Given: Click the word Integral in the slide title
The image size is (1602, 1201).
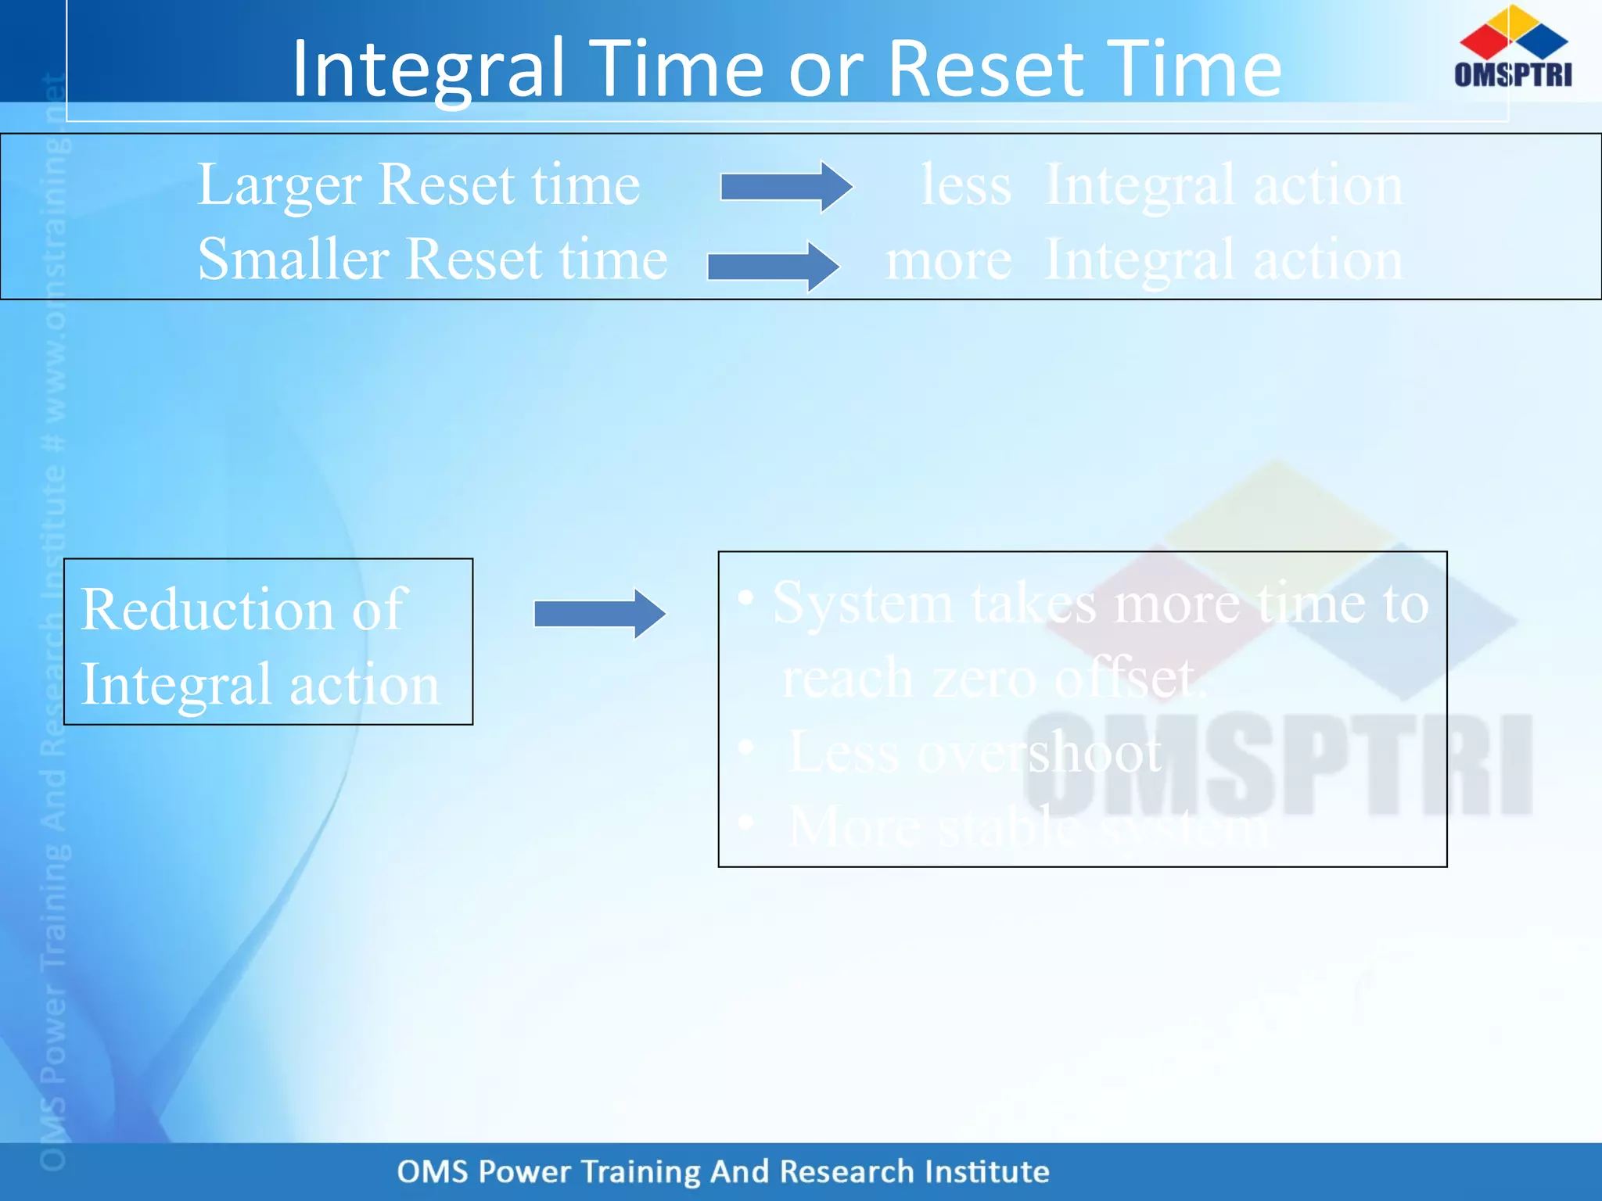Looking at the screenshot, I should pyautogui.click(x=429, y=70).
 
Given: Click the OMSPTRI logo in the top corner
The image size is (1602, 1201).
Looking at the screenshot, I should pyautogui.click(x=1513, y=47).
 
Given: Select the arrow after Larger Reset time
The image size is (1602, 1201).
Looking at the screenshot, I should pyautogui.click(x=785, y=187).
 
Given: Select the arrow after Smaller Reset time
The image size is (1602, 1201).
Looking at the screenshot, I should pyautogui.click(x=772, y=267).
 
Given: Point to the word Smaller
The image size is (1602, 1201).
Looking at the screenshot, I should pyautogui.click(x=293, y=260).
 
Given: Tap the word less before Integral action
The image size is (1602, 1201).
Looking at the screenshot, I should pyautogui.click(x=965, y=187).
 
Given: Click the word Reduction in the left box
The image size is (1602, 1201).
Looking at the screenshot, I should pyautogui.click(x=208, y=610).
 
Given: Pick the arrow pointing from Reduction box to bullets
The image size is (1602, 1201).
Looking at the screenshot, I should pyautogui.click(x=599, y=614).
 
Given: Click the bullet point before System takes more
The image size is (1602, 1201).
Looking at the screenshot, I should pyautogui.click(x=745, y=599).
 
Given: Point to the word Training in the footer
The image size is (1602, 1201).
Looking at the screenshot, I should pyautogui.click(x=641, y=1172).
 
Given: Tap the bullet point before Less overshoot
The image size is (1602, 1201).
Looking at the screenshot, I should pyautogui.click(x=745, y=748).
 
